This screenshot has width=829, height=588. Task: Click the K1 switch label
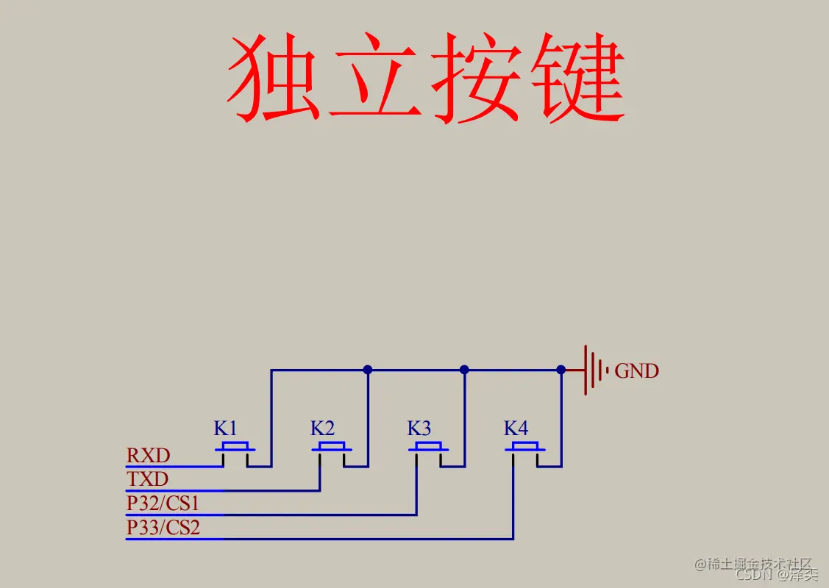[226, 428]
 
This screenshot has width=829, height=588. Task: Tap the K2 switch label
[322, 428]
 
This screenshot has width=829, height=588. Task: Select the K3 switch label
[419, 428]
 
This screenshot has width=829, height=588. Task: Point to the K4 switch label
[516, 428]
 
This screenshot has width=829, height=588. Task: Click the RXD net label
[148, 456]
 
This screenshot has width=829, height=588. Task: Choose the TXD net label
[147, 480]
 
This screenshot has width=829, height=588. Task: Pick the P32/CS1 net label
[163, 504]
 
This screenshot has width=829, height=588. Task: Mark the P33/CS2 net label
[163, 528]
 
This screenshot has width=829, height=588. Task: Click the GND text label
[636, 371]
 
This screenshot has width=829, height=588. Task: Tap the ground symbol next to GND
[594, 370]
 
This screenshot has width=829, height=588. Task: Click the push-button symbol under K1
[235, 450]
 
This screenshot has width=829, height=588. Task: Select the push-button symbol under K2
[332, 450]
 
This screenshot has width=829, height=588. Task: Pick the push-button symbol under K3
[428, 450]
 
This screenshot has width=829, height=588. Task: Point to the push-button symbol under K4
[525, 450]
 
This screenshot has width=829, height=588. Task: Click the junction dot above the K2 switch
[368, 370]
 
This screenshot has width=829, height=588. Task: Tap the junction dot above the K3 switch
[464, 370]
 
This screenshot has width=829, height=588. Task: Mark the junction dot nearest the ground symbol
[561, 370]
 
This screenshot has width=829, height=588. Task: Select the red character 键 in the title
[581, 79]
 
